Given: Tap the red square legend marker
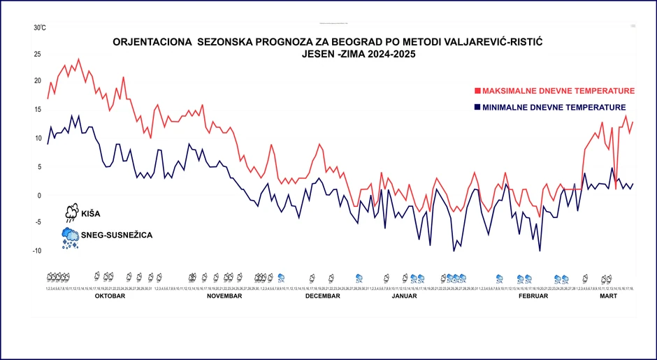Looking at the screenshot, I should point(478,91).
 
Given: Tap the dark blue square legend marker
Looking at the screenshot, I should point(478,107).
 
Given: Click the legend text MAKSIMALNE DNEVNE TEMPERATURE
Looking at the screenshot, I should point(558,91).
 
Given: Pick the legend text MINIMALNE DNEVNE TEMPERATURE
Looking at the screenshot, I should point(554,107).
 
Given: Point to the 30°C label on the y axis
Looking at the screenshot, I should point(40,28).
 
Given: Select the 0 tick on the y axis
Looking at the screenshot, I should point(39,195).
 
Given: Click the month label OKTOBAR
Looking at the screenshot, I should point(110,296).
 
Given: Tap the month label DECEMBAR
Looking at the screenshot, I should point(322,296).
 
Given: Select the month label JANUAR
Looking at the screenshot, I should point(404,296).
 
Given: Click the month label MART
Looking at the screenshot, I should point(609,296).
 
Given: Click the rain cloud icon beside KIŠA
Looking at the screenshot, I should point(71,213).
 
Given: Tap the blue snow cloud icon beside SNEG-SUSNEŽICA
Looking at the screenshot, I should point(70,237).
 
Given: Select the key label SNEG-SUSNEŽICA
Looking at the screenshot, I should point(117,236).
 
